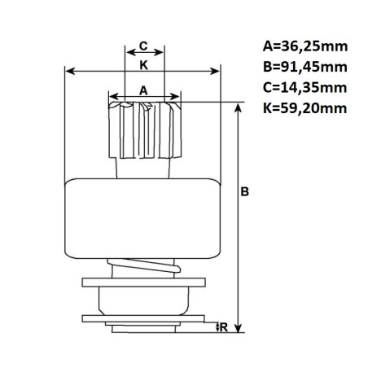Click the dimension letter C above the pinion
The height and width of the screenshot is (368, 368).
(143, 46)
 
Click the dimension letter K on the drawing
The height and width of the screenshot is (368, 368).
(143, 65)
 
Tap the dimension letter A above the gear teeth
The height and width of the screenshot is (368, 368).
(143, 90)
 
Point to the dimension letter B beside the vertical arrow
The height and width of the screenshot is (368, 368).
(244, 191)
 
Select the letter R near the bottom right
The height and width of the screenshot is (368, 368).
(224, 327)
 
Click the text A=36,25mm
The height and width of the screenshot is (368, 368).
(305, 46)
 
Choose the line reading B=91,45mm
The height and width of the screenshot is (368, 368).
(305, 67)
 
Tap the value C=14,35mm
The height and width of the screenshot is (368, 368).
(304, 88)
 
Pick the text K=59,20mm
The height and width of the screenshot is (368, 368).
(304, 108)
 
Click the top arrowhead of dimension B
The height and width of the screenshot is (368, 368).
(238, 107)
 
